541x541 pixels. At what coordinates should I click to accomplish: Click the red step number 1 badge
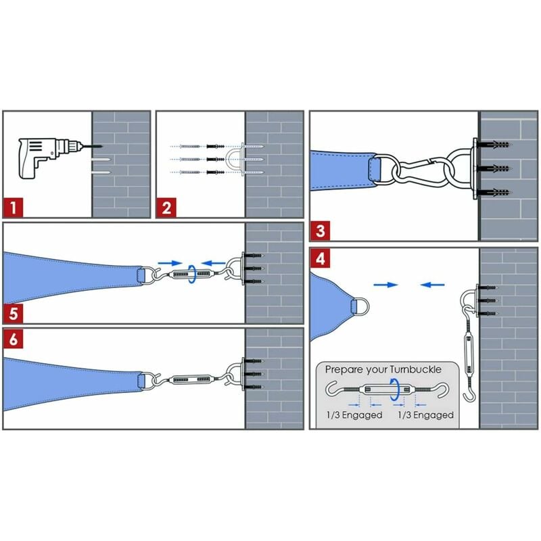[14, 208]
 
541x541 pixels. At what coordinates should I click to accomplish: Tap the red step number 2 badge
[166, 208]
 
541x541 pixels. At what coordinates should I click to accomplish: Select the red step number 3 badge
[320, 231]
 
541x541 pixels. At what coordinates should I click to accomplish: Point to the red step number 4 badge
[320, 258]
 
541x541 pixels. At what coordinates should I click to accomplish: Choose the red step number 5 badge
[14, 313]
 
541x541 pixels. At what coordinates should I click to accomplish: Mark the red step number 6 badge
[14, 339]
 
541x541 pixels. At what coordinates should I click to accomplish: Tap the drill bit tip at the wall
[102, 147]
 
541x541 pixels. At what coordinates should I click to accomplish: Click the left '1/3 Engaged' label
[354, 415]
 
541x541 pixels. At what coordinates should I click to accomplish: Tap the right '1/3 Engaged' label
[426, 415]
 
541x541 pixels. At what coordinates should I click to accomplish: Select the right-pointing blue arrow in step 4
[385, 285]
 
